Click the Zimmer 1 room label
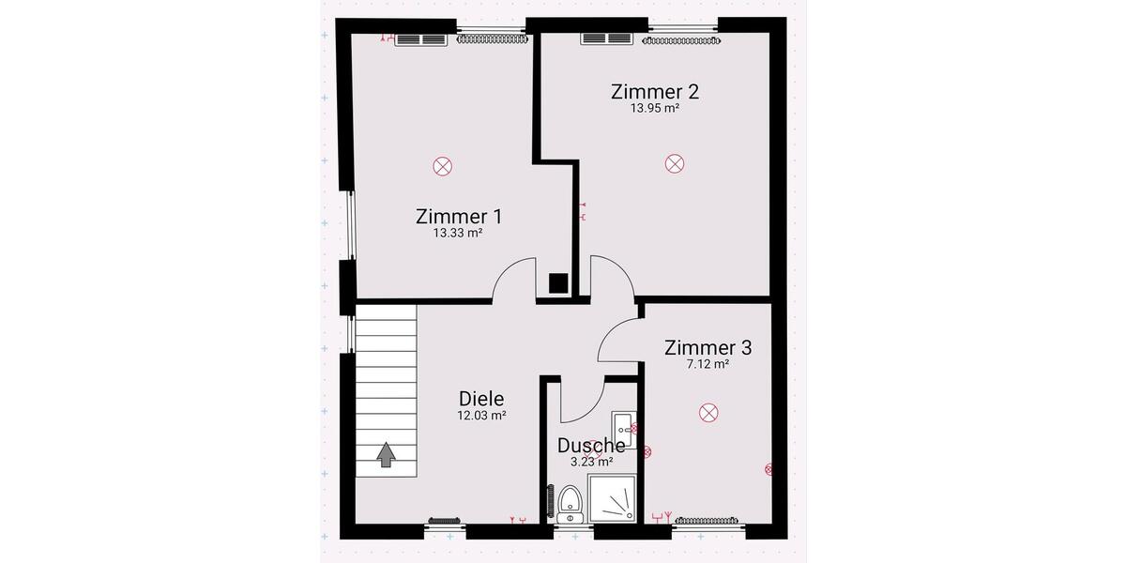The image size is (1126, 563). point(458,216)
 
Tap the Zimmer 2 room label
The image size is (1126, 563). point(654,92)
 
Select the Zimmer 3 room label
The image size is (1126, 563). point(708,347)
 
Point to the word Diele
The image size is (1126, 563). point(481,398)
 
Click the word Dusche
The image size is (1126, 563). point(591,446)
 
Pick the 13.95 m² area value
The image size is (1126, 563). point(654,109)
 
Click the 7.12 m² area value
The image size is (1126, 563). point(708,364)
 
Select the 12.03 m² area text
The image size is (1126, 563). point(481,415)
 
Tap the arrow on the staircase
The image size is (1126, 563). point(386,454)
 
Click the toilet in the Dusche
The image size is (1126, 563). point(570,504)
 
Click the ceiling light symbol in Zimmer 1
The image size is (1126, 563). point(442,167)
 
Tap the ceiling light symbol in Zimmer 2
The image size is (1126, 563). point(674,164)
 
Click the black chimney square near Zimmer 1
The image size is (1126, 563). point(558,282)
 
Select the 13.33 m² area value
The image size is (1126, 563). point(458,233)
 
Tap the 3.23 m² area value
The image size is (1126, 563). point(591,462)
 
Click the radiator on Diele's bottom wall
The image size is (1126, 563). point(443,520)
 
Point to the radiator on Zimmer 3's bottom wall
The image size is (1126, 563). point(709,520)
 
